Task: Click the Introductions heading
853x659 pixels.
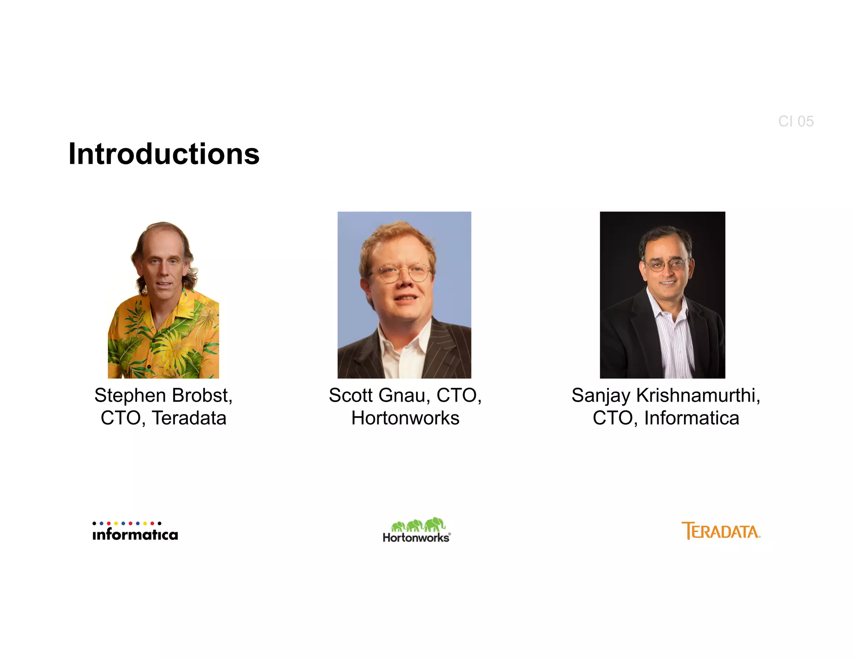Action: (164, 154)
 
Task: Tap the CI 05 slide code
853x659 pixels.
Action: (796, 121)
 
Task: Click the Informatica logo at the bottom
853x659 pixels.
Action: (135, 532)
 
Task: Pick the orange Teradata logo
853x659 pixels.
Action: (721, 531)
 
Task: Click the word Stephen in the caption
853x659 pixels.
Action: (130, 396)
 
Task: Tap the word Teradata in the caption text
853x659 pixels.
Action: (189, 418)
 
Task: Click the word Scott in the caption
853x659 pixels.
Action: (351, 396)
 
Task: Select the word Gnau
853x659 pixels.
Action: (402, 396)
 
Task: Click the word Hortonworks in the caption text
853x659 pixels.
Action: (405, 418)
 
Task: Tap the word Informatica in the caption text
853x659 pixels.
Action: (691, 418)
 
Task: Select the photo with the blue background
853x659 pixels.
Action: (404, 295)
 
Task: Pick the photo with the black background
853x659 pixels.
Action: (662, 295)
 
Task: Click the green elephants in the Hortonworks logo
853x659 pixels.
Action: (418, 525)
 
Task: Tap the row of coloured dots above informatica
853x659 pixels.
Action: (127, 523)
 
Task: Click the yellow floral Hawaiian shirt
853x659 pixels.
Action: (167, 342)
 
